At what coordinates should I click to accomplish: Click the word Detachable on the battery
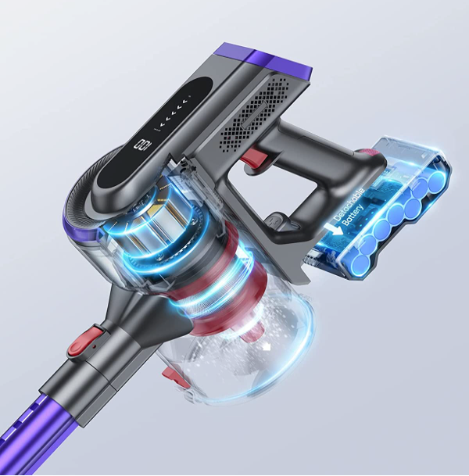tap(349, 204)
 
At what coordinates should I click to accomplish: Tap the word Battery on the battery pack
tap(353, 215)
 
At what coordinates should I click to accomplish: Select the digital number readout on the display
tap(142, 144)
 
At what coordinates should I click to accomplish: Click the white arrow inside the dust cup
tap(267, 347)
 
